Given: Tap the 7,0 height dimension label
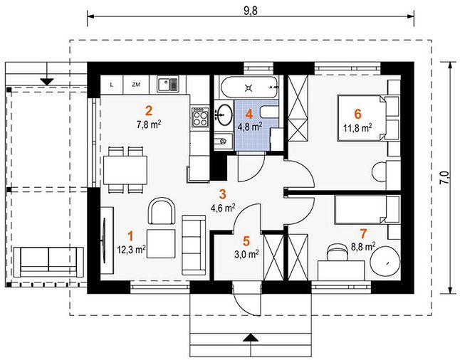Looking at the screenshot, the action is pos(445,178).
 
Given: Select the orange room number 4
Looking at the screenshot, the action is pos(249,114).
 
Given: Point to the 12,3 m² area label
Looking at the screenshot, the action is pos(132,250).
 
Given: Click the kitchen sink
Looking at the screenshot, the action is pos(168,84).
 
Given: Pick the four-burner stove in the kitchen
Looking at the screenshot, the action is pos(200,117).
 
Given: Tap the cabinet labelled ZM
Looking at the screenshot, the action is pos(136,85).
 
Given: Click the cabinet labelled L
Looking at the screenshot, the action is pos(112,85).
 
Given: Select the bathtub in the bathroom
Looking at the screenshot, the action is pos(249,88).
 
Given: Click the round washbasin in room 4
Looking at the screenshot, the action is pos(224,115).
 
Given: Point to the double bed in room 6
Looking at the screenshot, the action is pos(362,118).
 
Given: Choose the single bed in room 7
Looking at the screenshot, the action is pos(360,210).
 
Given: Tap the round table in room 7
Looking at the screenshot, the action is pos(385,262).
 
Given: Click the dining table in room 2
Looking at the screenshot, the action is pos(125,170).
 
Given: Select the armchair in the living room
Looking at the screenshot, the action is pos(162,211).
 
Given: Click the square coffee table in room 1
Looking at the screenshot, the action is pos(161,243).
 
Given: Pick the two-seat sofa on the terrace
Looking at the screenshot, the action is pos(48,262).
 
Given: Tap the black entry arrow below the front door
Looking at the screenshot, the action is pos(251,339).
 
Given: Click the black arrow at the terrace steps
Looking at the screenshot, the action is pos(47,82).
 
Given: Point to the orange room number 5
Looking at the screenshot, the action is pos(246,241).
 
